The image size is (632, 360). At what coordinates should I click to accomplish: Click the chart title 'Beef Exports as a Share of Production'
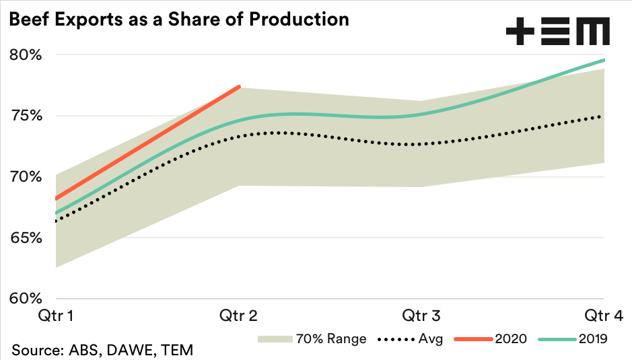178,19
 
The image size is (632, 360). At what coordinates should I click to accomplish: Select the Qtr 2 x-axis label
240,315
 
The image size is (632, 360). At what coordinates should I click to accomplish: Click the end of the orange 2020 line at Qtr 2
240,86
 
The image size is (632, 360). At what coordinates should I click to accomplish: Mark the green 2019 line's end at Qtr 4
604,60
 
